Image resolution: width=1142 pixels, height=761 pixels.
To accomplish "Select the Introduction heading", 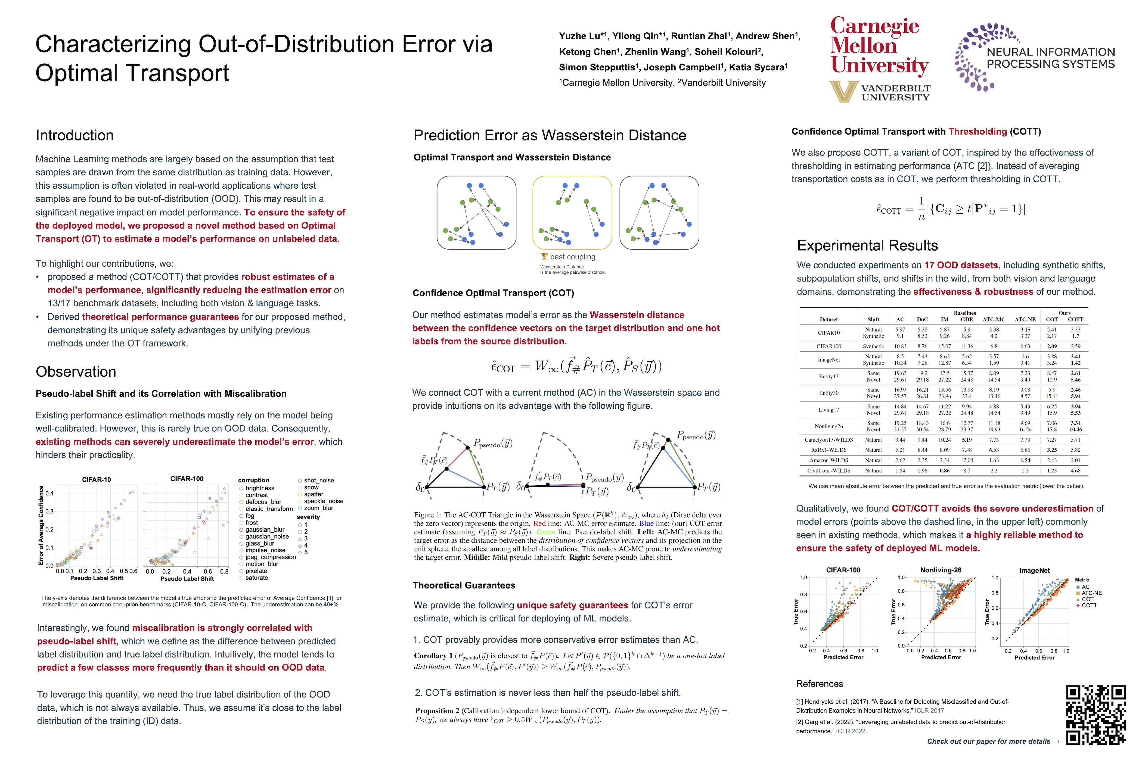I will (x=75, y=135).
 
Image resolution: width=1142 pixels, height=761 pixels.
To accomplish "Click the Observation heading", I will (x=76, y=372).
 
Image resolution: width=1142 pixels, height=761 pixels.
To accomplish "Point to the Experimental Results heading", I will (x=867, y=246).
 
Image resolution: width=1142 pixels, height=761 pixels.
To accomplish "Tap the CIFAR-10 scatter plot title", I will (x=96, y=479).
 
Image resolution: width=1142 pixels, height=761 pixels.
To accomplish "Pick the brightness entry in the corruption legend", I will (x=259, y=488).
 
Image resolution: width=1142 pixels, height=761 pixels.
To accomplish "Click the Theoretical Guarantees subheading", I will (x=464, y=585).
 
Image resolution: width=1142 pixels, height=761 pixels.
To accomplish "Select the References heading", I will (x=820, y=684).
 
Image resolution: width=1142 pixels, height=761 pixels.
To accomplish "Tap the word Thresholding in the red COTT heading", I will (x=977, y=132).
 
